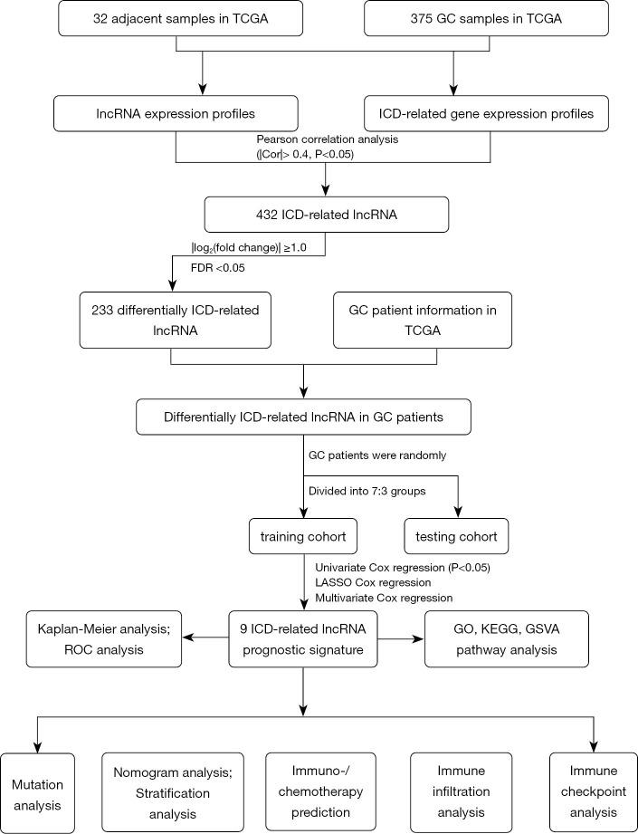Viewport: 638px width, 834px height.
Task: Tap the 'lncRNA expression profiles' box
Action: point(176,115)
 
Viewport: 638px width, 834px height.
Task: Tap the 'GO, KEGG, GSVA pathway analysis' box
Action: point(506,639)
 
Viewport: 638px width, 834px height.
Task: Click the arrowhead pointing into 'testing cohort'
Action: point(461,512)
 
